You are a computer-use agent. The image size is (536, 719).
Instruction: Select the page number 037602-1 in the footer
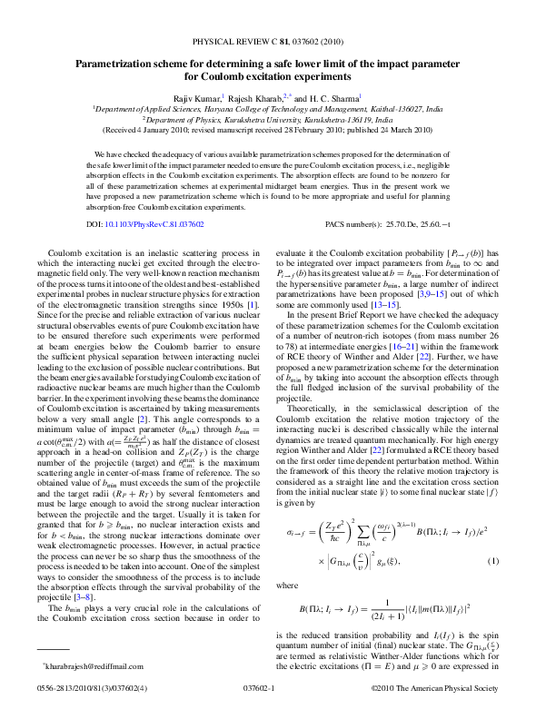tap(266, 689)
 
